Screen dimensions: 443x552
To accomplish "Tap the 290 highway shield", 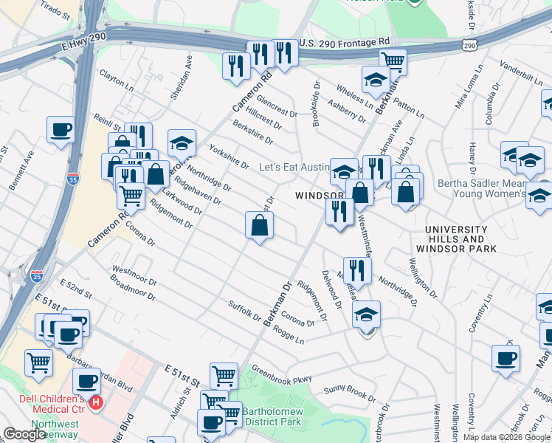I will click(470, 46).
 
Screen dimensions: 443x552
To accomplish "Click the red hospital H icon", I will click(95, 403).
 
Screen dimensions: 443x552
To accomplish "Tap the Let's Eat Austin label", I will click(292, 168).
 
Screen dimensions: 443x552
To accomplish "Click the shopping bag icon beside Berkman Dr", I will click(260, 226).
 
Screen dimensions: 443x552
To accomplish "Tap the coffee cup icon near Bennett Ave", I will click(61, 129).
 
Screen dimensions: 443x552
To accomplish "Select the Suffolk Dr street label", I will click(244, 313).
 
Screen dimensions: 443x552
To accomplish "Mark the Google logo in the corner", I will click(24, 434).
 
